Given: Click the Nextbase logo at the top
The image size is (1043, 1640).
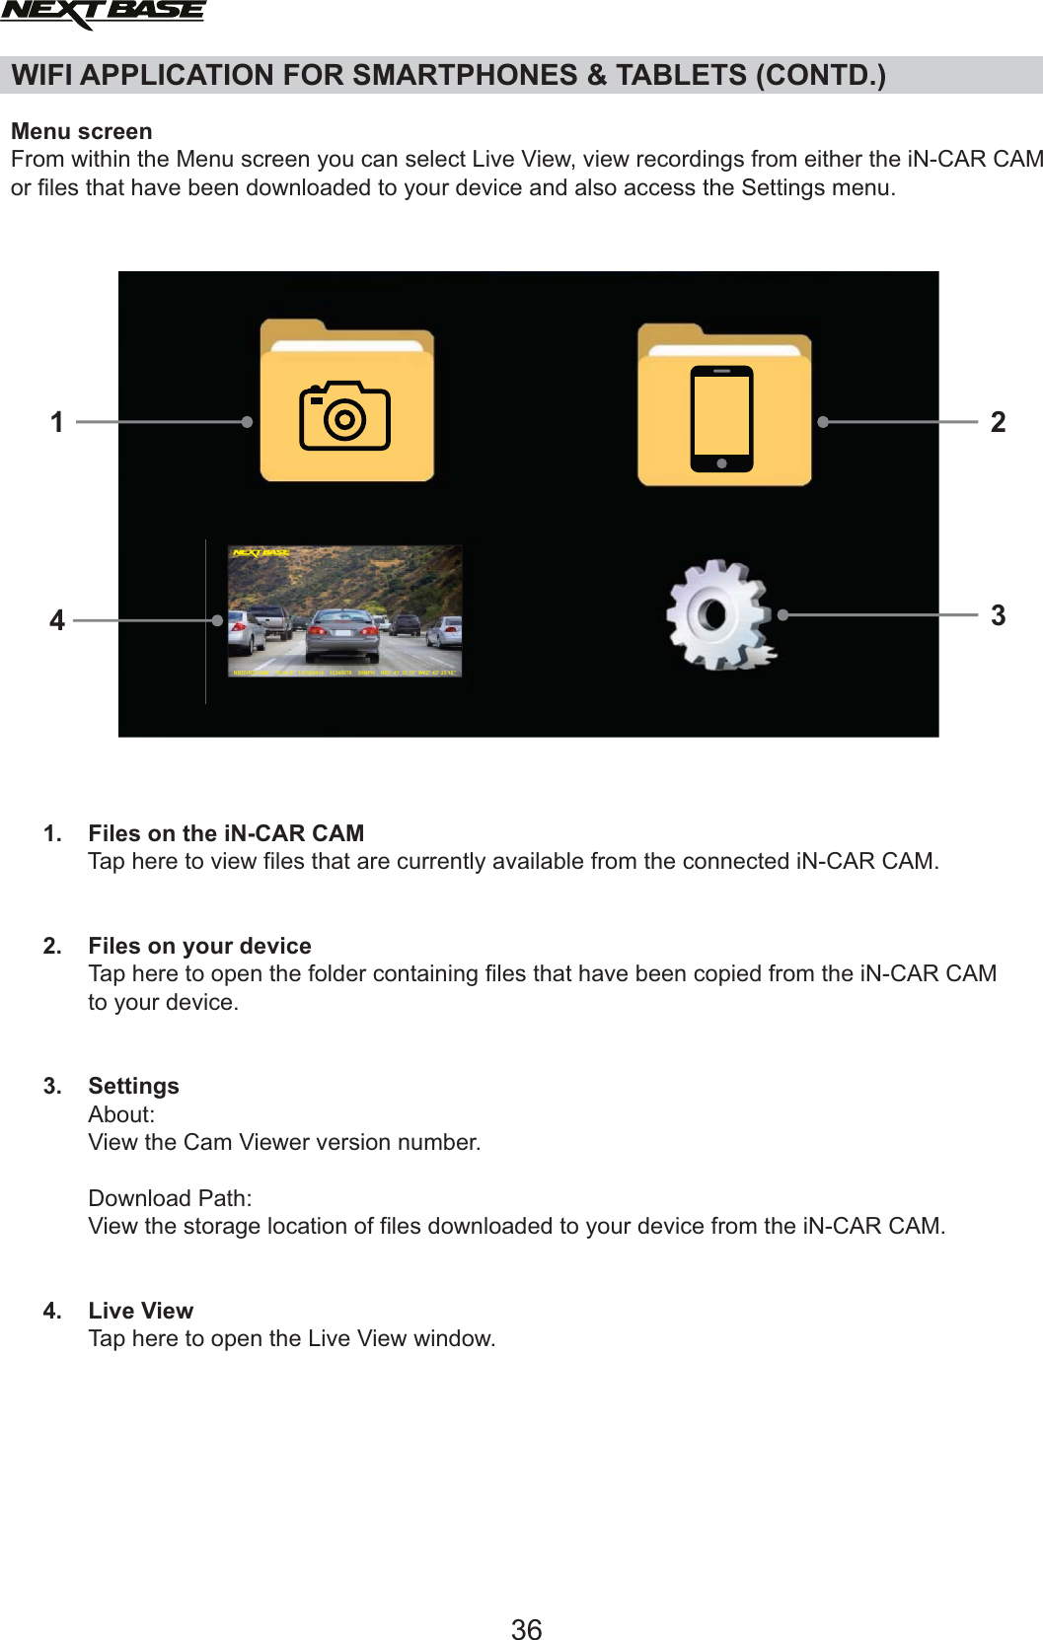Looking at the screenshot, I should pos(103,14).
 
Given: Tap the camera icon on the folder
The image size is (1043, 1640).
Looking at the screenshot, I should pos(344,416).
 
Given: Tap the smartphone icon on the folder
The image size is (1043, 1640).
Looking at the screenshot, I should pos(721,418).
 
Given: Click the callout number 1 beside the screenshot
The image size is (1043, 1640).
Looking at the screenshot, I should pos(57,422).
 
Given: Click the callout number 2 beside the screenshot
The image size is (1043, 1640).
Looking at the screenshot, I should pos(998,422).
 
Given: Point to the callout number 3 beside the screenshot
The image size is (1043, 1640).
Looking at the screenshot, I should pos(998,615).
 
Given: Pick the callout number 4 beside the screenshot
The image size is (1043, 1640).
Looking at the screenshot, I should pos(57,620).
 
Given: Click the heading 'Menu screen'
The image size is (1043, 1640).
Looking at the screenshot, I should pos(82,131).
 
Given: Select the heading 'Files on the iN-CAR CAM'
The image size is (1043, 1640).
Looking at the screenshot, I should pos(226,833).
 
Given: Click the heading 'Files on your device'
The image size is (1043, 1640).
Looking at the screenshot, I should pos(199,946).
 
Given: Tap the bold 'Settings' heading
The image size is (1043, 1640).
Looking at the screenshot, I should pos(133,1086).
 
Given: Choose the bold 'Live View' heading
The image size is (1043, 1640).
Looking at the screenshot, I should pos(140,1311).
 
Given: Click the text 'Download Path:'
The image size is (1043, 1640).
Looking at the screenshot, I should pos(170,1198).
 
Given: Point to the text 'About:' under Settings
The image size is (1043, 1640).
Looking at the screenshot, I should pos(121,1114).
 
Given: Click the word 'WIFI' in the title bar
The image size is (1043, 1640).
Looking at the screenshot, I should pos(43,75).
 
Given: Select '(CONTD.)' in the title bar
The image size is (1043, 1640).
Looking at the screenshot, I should pos(820,75).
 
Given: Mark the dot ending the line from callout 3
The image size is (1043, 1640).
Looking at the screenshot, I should pos(782,614).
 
